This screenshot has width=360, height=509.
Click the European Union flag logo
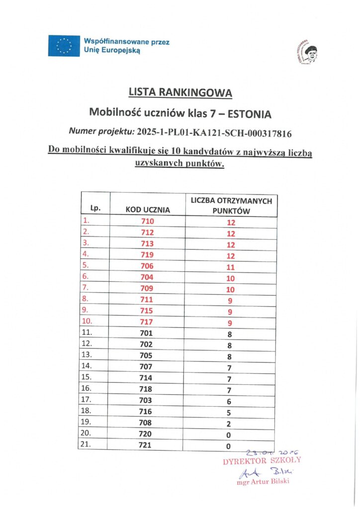click(x=64, y=46)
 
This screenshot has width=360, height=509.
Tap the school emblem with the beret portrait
click(x=307, y=52)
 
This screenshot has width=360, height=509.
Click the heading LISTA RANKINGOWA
click(x=180, y=92)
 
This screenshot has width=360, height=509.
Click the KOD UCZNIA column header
click(x=148, y=210)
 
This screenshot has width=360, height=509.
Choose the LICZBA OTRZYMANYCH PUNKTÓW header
click(x=231, y=205)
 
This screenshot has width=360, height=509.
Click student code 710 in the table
click(x=148, y=221)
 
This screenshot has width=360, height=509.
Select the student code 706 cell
click(x=148, y=266)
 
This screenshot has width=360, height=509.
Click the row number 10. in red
click(x=88, y=321)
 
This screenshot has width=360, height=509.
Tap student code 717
click(x=148, y=322)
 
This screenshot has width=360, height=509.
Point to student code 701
click(x=148, y=333)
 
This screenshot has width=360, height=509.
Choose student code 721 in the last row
click(x=148, y=445)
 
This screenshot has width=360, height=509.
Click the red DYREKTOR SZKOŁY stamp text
click(x=262, y=460)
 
